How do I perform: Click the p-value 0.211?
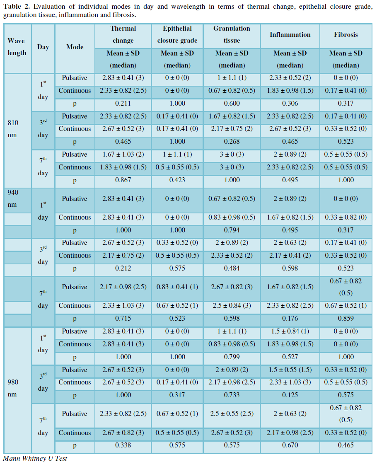123,103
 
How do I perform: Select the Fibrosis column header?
346,35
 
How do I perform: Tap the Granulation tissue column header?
232,34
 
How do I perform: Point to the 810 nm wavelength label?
13,129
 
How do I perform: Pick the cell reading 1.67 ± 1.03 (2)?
123,155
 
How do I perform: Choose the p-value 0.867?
123,180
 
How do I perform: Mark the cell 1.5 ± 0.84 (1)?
290,331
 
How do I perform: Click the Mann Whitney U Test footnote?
35,458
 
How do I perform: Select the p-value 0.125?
290,395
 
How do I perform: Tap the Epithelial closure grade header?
177,34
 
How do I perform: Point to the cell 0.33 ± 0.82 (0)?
346,217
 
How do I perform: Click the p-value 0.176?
290,319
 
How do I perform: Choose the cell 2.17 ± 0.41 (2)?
290,256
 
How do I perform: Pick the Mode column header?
75,47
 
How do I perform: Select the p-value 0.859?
346,319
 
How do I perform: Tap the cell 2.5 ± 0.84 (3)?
232,306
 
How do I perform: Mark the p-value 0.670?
290,445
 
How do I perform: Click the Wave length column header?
17,47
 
